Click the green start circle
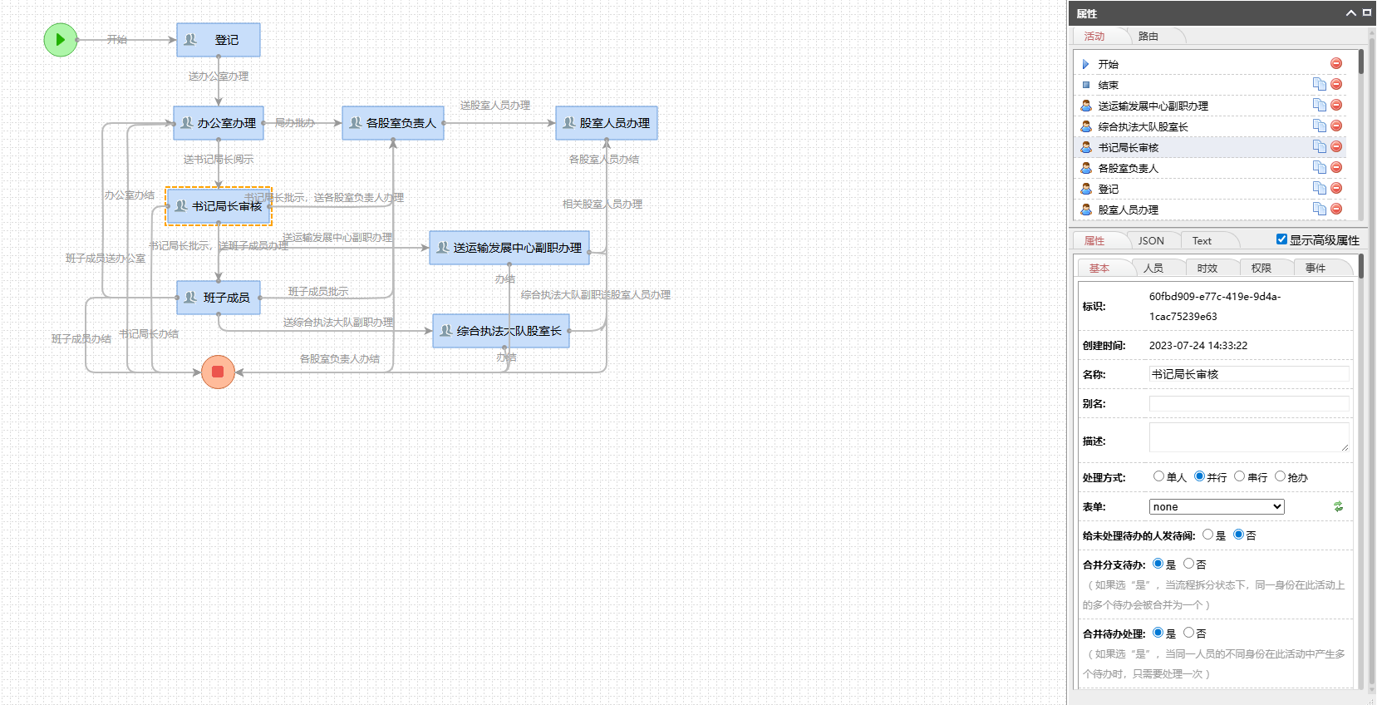61,40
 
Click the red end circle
218,372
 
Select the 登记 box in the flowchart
219,40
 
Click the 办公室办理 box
219,123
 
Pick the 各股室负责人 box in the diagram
393,123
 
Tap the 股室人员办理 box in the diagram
607,123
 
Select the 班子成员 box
219,298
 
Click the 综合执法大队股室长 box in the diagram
501,331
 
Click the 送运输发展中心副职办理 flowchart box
509,248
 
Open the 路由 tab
1148,37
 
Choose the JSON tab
1151,241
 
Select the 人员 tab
1153,269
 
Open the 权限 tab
1261,269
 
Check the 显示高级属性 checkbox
1281,239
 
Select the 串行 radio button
1240,476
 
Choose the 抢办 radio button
1280,476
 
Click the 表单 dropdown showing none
1217,507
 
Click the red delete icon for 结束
1336,84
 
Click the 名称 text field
1249,374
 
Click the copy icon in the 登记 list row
1319,188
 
